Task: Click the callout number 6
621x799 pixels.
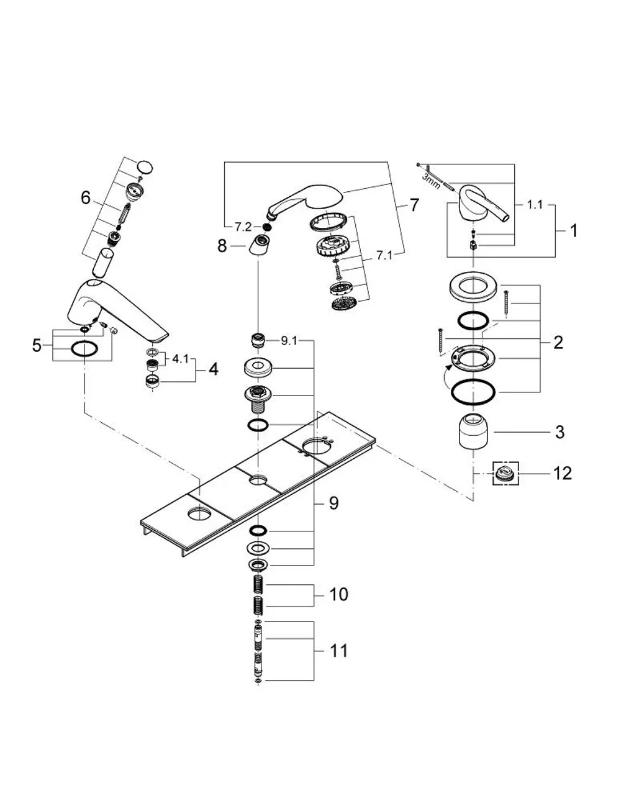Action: pos(85,198)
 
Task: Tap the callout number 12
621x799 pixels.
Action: pos(563,473)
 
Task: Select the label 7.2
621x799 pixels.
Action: pos(243,228)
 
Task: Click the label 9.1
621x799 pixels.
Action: pos(289,341)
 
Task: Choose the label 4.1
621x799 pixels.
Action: pos(180,359)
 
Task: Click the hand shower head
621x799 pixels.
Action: pos(305,202)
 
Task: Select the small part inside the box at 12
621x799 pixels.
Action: pos(505,473)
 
